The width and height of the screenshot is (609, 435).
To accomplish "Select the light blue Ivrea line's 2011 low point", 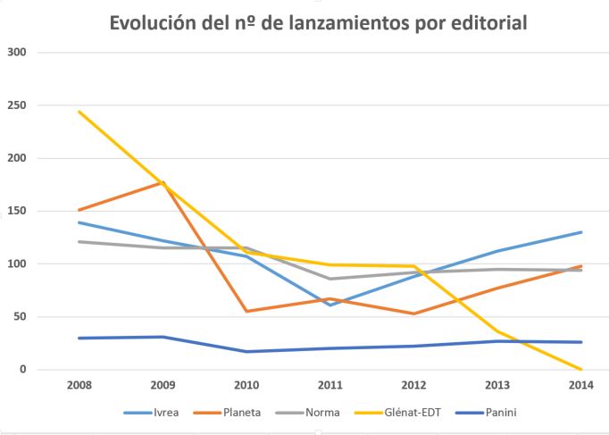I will pos(330,305).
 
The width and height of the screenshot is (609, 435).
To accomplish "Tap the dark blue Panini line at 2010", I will pos(247,351).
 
